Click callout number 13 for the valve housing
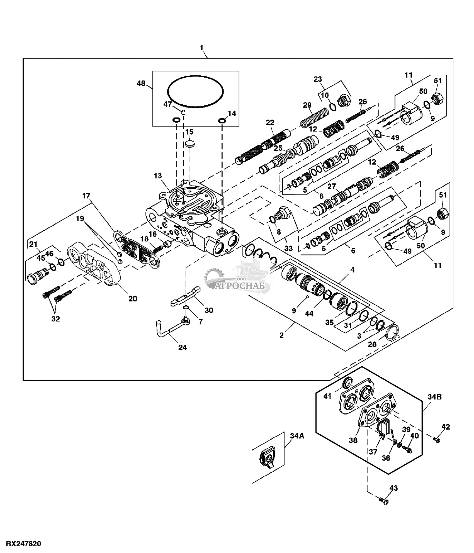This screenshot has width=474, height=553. tap(157, 176)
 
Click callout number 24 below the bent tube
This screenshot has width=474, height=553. tap(183, 347)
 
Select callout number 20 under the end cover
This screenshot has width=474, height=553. tap(133, 298)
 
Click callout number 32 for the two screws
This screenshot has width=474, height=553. tap(55, 319)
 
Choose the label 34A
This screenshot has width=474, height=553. tap(297, 436)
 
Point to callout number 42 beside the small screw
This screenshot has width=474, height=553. tap(446, 427)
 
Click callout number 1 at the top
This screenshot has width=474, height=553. tap(201, 48)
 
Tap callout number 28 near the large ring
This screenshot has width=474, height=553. tap(372, 344)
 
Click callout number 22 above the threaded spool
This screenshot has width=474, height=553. tap(270, 123)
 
